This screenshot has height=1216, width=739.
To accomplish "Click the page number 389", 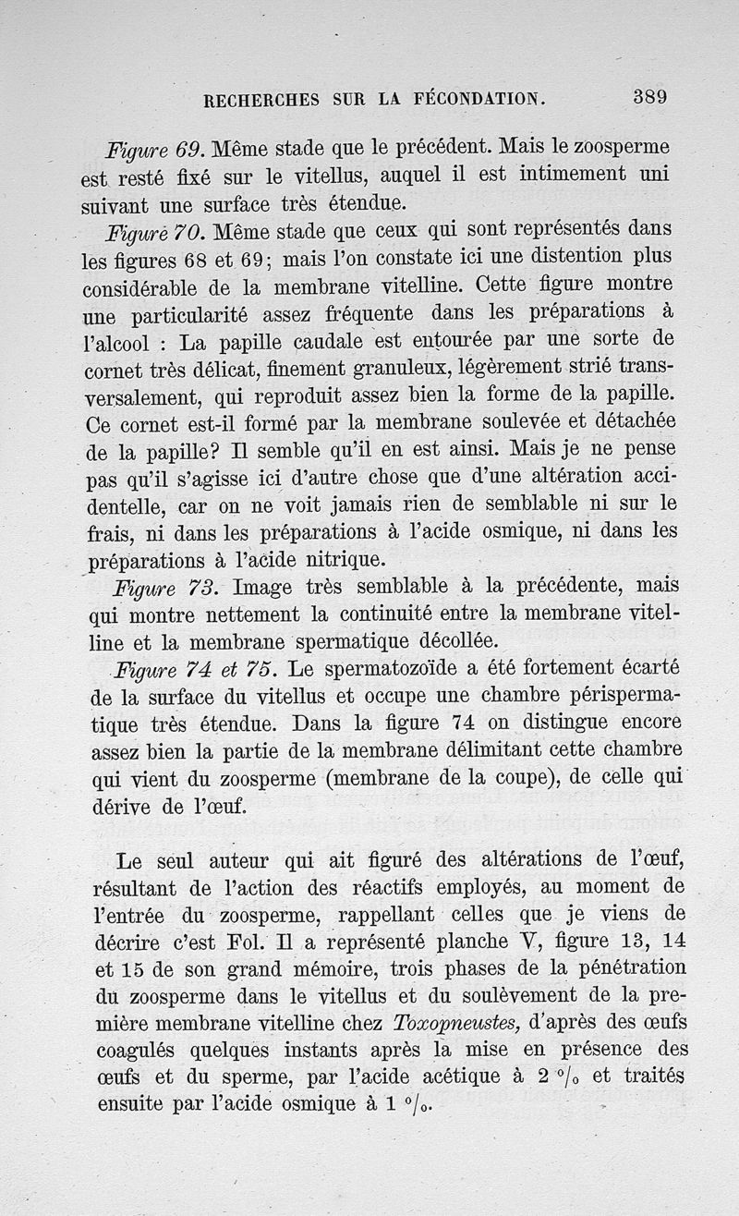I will click(649, 97).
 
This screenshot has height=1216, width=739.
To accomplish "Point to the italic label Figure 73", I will click(164, 588).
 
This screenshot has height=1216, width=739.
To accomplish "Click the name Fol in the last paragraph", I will click(248, 942).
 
